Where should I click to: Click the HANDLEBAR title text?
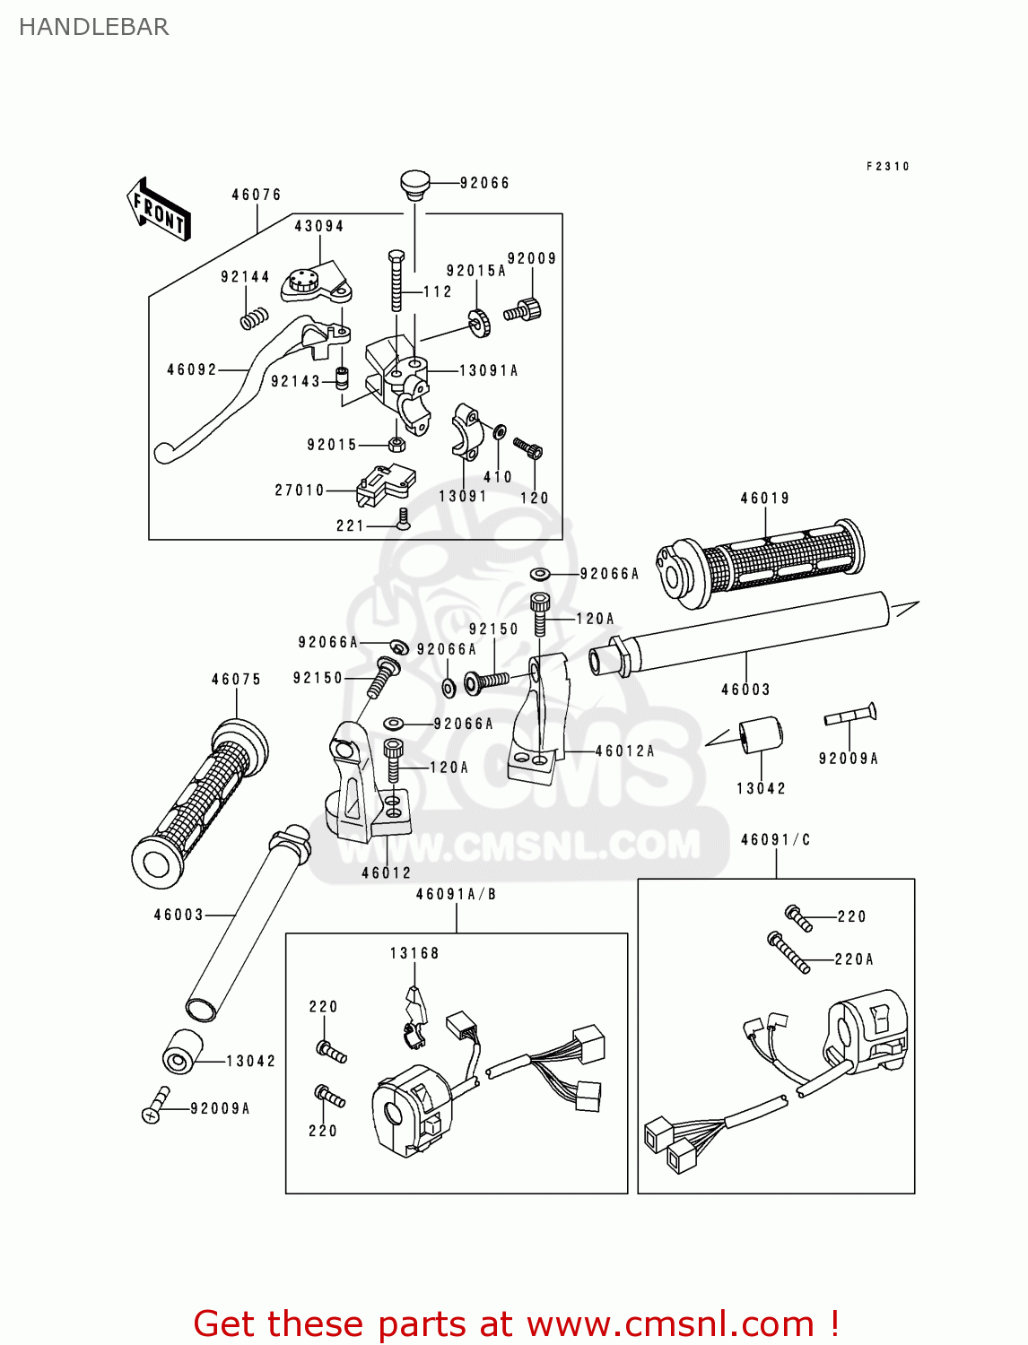[93, 27]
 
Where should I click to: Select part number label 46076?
[256, 195]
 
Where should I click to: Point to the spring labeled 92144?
[255, 316]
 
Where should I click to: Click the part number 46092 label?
[192, 369]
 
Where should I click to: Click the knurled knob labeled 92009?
[524, 311]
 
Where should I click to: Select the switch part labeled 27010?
[384, 485]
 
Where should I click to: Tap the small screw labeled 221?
[403, 518]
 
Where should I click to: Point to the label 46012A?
[624, 751]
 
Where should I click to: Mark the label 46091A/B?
[456, 894]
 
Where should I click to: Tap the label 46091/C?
[775, 839]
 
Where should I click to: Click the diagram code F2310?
[887, 166]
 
